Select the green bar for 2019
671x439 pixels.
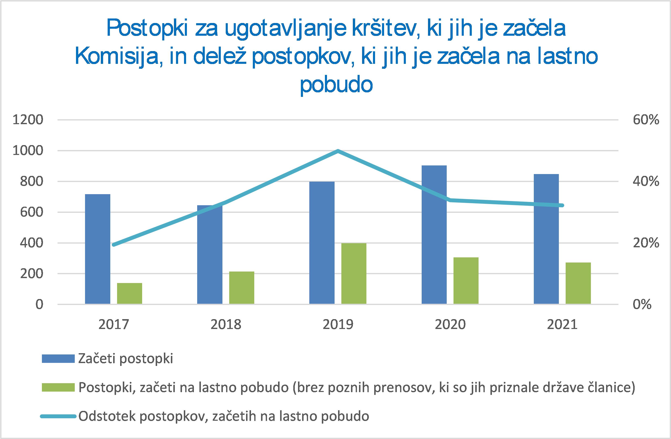(x=354, y=273)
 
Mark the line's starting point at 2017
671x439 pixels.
(x=114, y=245)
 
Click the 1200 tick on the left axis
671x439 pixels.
(x=28, y=120)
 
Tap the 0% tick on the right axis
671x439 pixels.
(x=642, y=305)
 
